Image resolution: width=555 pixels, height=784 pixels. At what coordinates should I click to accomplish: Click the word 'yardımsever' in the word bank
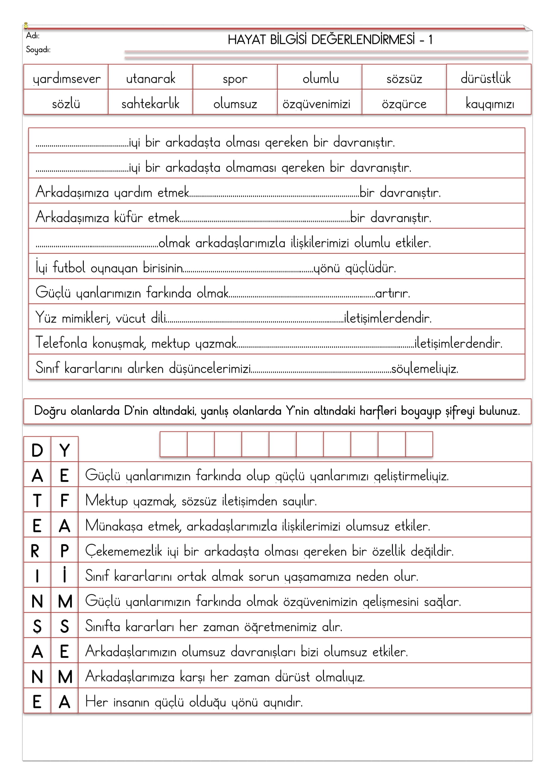pos(67,79)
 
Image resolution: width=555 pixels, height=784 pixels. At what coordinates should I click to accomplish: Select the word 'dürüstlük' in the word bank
pos(486,78)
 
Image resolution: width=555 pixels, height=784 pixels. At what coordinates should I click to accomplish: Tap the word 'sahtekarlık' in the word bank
pos(150,104)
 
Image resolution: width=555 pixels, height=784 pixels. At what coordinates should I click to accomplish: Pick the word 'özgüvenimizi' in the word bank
pos(316,104)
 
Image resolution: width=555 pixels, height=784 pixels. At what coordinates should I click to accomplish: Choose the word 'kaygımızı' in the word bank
pos(489,104)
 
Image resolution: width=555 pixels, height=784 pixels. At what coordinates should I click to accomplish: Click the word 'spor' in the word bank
pos(235,79)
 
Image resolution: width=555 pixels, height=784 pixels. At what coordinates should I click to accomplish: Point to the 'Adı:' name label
pos(33,36)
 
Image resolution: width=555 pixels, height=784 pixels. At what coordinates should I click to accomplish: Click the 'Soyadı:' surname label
pos(38,50)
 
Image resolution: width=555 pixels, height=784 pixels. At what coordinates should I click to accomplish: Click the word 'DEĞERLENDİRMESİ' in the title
pos(363,40)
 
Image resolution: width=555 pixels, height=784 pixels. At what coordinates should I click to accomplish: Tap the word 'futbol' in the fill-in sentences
pos(69,268)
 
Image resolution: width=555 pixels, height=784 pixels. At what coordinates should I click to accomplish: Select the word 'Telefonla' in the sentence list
pos(61,343)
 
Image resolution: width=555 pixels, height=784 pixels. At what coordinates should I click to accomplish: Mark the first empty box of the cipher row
pos(173,444)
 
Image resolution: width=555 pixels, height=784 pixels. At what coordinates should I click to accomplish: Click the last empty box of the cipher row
pos(419,444)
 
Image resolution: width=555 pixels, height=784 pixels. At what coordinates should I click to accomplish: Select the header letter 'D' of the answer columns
pos(37,450)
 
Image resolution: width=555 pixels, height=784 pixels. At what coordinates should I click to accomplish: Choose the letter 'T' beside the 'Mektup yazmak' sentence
pos(37,501)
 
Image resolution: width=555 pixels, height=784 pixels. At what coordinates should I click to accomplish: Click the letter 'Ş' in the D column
pos(37,626)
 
